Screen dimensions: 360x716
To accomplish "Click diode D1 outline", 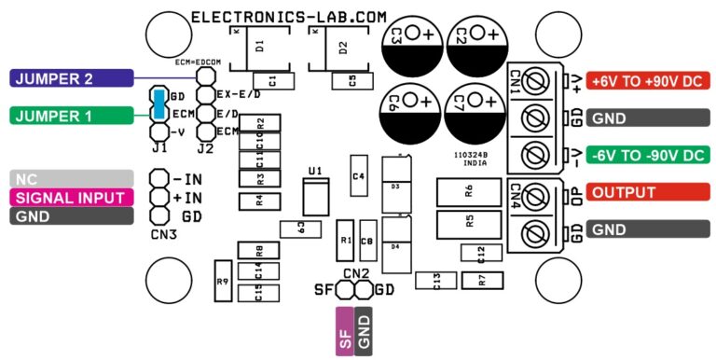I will (x=261, y=47).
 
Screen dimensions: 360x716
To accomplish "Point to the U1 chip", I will (x=315, y=198).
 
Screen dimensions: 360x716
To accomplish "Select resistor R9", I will (x=223, y=281).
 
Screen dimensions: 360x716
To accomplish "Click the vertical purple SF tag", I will (x=344, y=332).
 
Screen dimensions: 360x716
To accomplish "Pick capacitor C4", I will (x=358, y=176).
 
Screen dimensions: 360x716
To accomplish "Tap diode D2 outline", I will (x=343, y=47).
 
